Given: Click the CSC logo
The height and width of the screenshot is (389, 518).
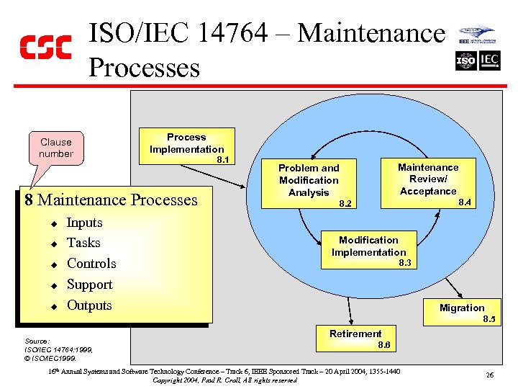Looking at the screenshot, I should point(45,47).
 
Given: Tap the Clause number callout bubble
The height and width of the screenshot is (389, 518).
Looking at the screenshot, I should point(56,148).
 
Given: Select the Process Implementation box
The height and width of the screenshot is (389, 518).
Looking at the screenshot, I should point(186,143).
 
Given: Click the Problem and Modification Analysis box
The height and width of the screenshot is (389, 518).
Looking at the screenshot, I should point(309,180).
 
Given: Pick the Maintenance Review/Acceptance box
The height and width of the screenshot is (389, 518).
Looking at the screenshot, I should point(428,179).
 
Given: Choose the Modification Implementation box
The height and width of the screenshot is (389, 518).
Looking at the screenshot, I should point(368,246).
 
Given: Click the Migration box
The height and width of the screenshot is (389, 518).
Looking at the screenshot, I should point(462,308).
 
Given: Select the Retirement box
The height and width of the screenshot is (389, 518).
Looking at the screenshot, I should point(355,334).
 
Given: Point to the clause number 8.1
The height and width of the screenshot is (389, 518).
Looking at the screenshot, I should point(223,160).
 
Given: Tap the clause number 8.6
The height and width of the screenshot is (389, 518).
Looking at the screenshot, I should point(384,346).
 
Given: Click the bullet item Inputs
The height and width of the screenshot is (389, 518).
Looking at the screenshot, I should point(84,223).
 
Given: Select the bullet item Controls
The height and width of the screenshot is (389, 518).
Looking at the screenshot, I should point(91,264).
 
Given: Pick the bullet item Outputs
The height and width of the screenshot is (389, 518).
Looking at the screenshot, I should point(89,305).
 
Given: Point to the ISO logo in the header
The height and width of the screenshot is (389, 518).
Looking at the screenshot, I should point(465,61).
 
